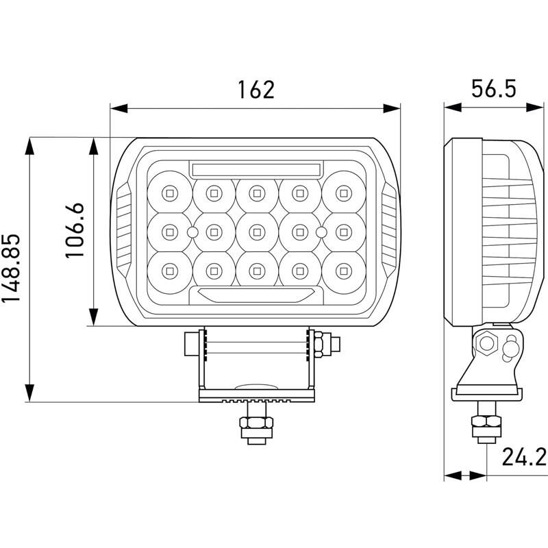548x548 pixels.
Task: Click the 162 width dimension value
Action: [x=256, y=90]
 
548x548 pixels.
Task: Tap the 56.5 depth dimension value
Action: [x=493, y=90]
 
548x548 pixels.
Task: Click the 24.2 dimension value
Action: [x=523, y=456]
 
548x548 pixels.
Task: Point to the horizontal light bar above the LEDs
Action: [x=256, y=169]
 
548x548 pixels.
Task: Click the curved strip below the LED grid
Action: [x=256, y=295]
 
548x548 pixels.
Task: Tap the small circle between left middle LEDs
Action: [x=192, y=232]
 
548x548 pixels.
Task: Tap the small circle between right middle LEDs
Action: [x=321, y=232]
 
